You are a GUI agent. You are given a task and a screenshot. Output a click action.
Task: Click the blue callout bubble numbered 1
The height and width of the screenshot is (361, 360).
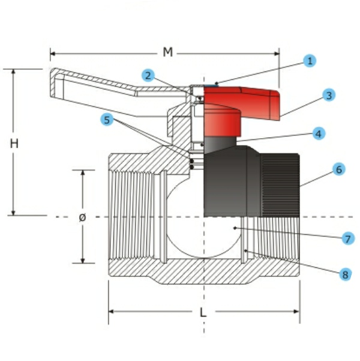coord(310,61)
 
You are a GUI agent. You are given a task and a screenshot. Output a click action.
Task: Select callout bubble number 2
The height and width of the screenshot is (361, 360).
coord(148,76)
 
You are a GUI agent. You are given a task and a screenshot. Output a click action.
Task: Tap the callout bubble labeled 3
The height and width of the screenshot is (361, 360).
coord(329,95)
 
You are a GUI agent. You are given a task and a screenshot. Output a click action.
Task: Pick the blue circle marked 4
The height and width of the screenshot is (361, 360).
coord(319,133)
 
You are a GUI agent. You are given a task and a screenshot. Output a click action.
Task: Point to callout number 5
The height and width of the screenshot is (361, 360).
coord(107,120)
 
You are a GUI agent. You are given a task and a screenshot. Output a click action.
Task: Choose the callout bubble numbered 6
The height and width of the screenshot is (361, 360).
coord(339,169)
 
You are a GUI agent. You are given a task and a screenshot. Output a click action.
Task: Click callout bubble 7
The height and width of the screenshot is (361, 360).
coord(348,238)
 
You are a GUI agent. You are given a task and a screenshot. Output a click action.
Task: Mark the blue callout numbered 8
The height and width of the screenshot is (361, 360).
coord(345,274)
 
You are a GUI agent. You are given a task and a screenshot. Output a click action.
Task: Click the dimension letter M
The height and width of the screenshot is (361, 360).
coord(167,52)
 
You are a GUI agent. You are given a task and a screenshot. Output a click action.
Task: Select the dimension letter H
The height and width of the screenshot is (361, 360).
coord(14,144)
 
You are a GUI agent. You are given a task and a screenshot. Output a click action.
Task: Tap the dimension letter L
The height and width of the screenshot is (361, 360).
coord(203,313)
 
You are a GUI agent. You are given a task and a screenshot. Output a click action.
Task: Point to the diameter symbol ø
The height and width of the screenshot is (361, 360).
coord(82,217)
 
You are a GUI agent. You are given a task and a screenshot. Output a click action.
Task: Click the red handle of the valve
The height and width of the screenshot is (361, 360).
coord(239,108)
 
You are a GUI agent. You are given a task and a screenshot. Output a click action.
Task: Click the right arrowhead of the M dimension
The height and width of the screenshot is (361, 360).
coord(277,54)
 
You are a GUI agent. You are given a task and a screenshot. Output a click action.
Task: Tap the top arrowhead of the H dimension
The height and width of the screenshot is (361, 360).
coord(13,71)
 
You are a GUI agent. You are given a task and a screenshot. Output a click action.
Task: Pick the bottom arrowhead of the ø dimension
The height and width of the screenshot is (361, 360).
coord(83,260)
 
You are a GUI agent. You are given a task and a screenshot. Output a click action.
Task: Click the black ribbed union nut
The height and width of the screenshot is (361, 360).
coord(280,185)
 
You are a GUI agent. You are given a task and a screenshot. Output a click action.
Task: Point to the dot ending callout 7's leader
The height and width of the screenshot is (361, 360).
coord(235,228)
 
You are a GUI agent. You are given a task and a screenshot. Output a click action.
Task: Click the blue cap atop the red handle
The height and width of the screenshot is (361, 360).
coord(211,86)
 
